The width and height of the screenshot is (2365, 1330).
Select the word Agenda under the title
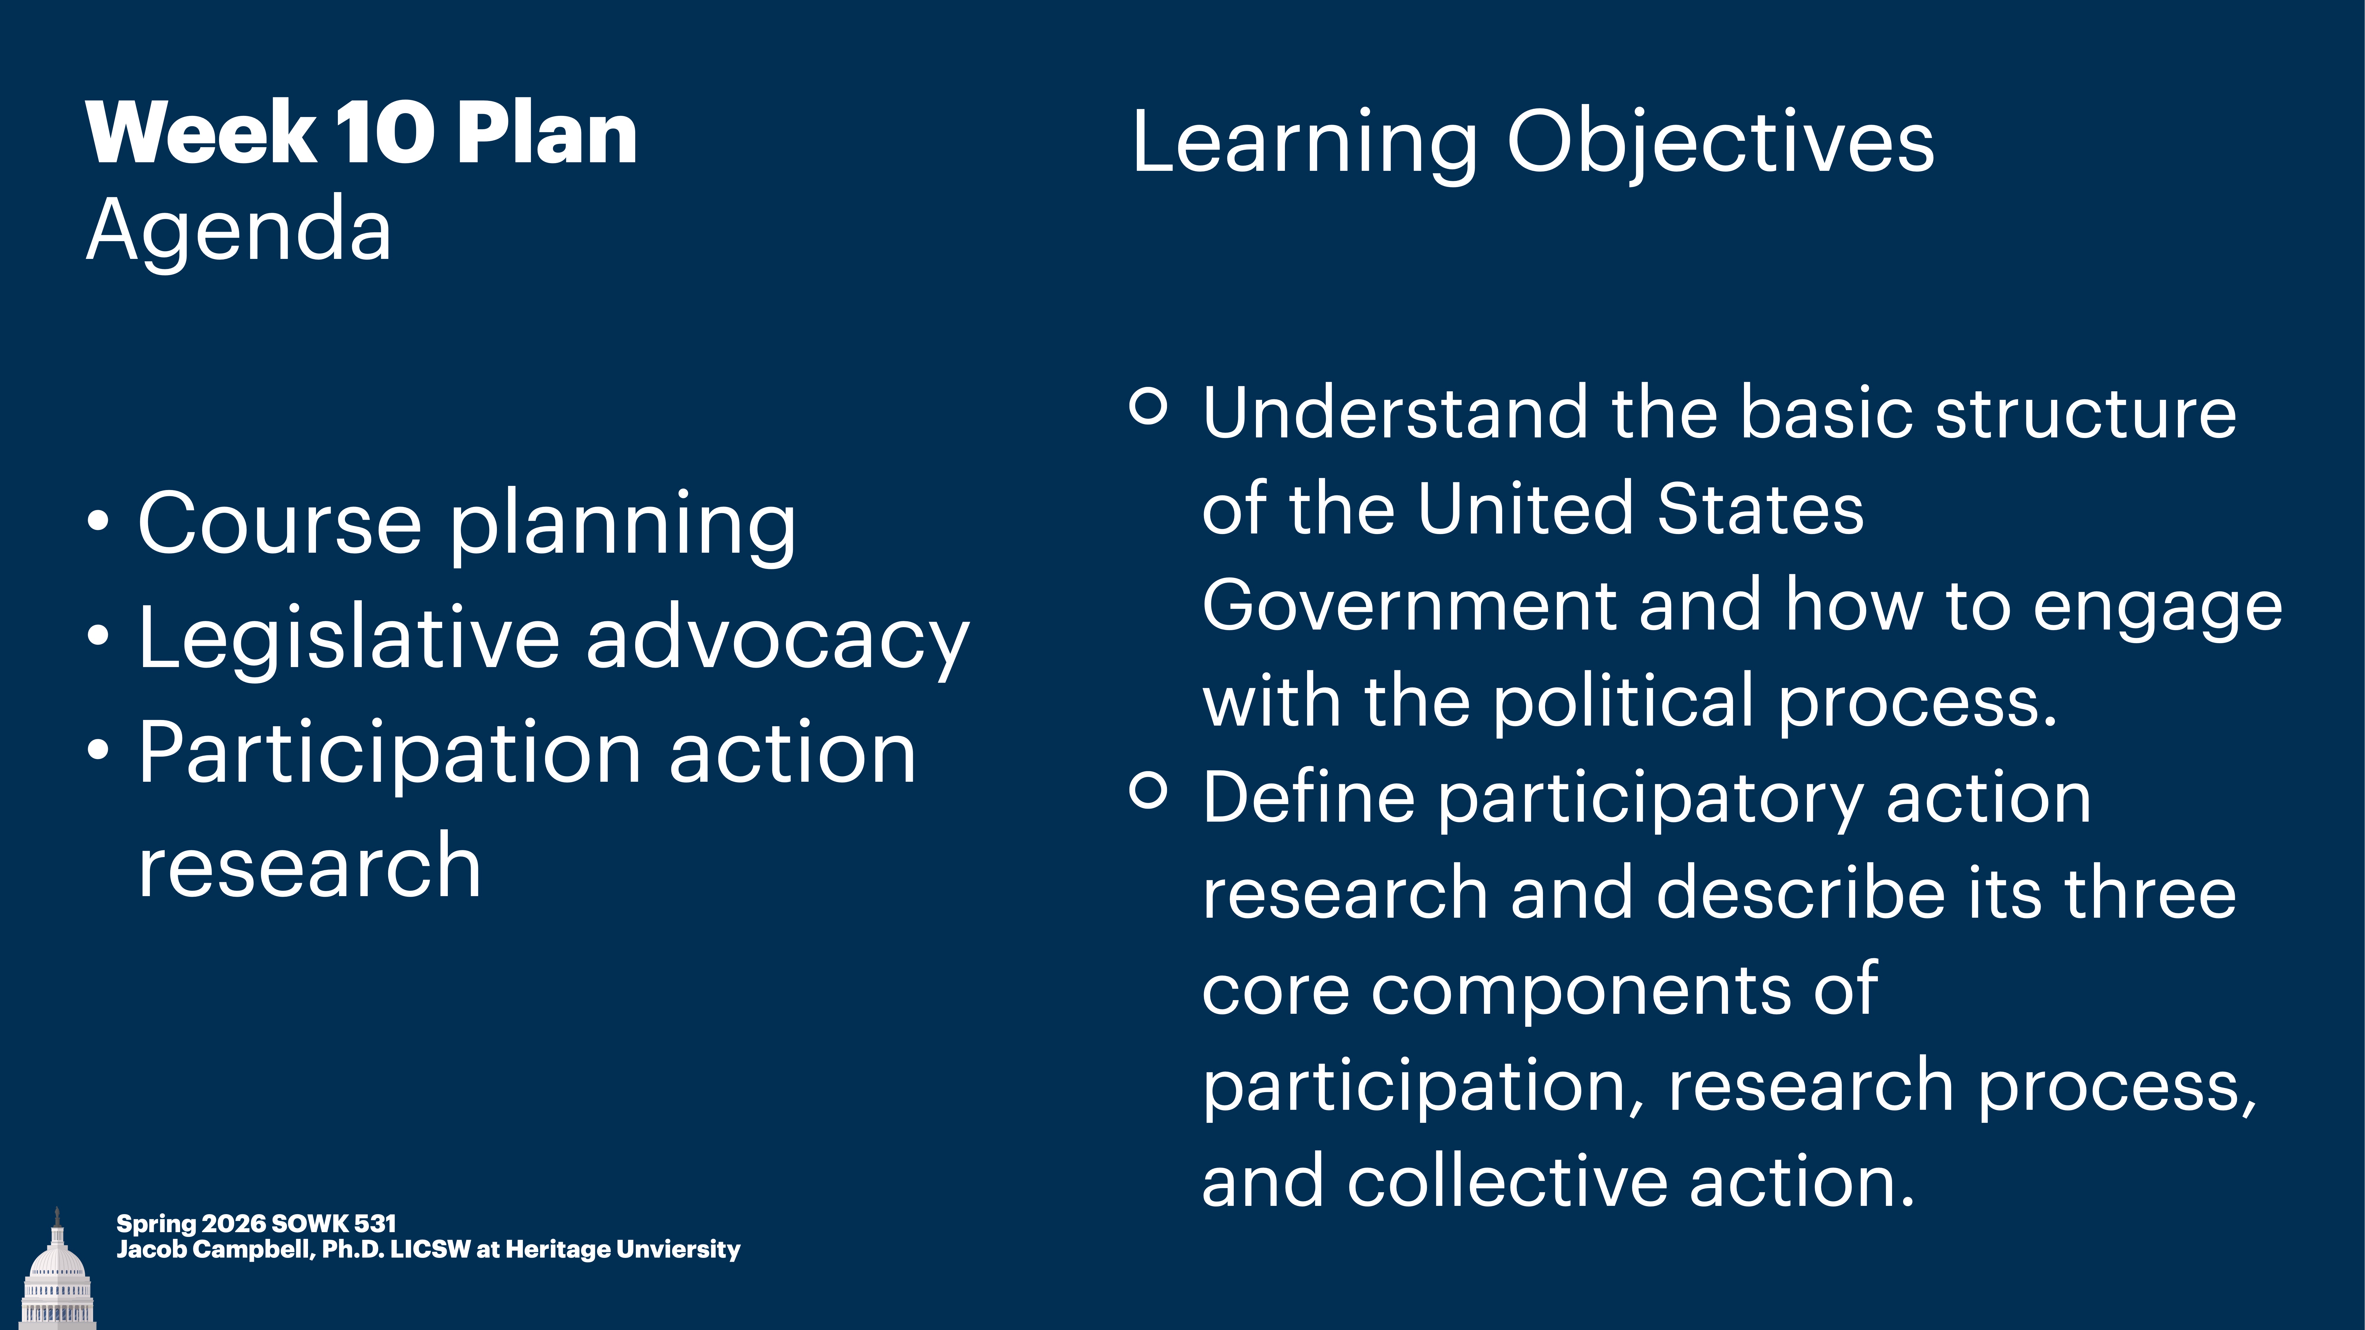pyautogui.click(x=239, y=231)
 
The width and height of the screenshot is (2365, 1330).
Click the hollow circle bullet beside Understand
pyautogui.click(x=1147, y=405)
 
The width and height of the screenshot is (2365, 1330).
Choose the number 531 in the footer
pyautogui.click(x=375, y=1224)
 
